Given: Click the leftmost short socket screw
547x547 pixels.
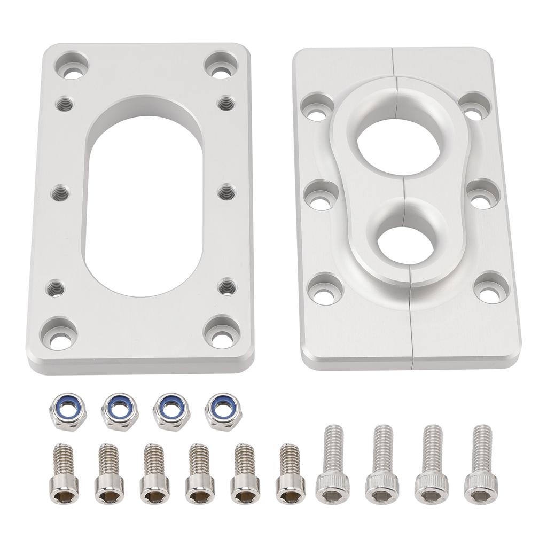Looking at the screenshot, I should click(x=64, y=473).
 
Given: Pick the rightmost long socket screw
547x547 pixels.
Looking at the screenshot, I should click(x=481, y=464).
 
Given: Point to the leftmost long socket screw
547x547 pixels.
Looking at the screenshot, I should click(x=332, y=464).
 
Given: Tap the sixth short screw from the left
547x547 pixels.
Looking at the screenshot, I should click(x=290, y=473).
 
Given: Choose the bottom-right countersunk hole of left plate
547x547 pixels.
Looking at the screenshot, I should click(x=221, y=333).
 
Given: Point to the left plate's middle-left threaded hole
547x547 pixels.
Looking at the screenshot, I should click(x=60, y=192).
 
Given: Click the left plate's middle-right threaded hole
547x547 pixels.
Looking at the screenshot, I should click(x=226, y=191).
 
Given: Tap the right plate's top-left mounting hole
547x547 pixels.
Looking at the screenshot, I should click(x=317, y=108).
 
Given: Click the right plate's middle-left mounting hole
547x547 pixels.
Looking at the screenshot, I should click(x=321, y=196).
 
